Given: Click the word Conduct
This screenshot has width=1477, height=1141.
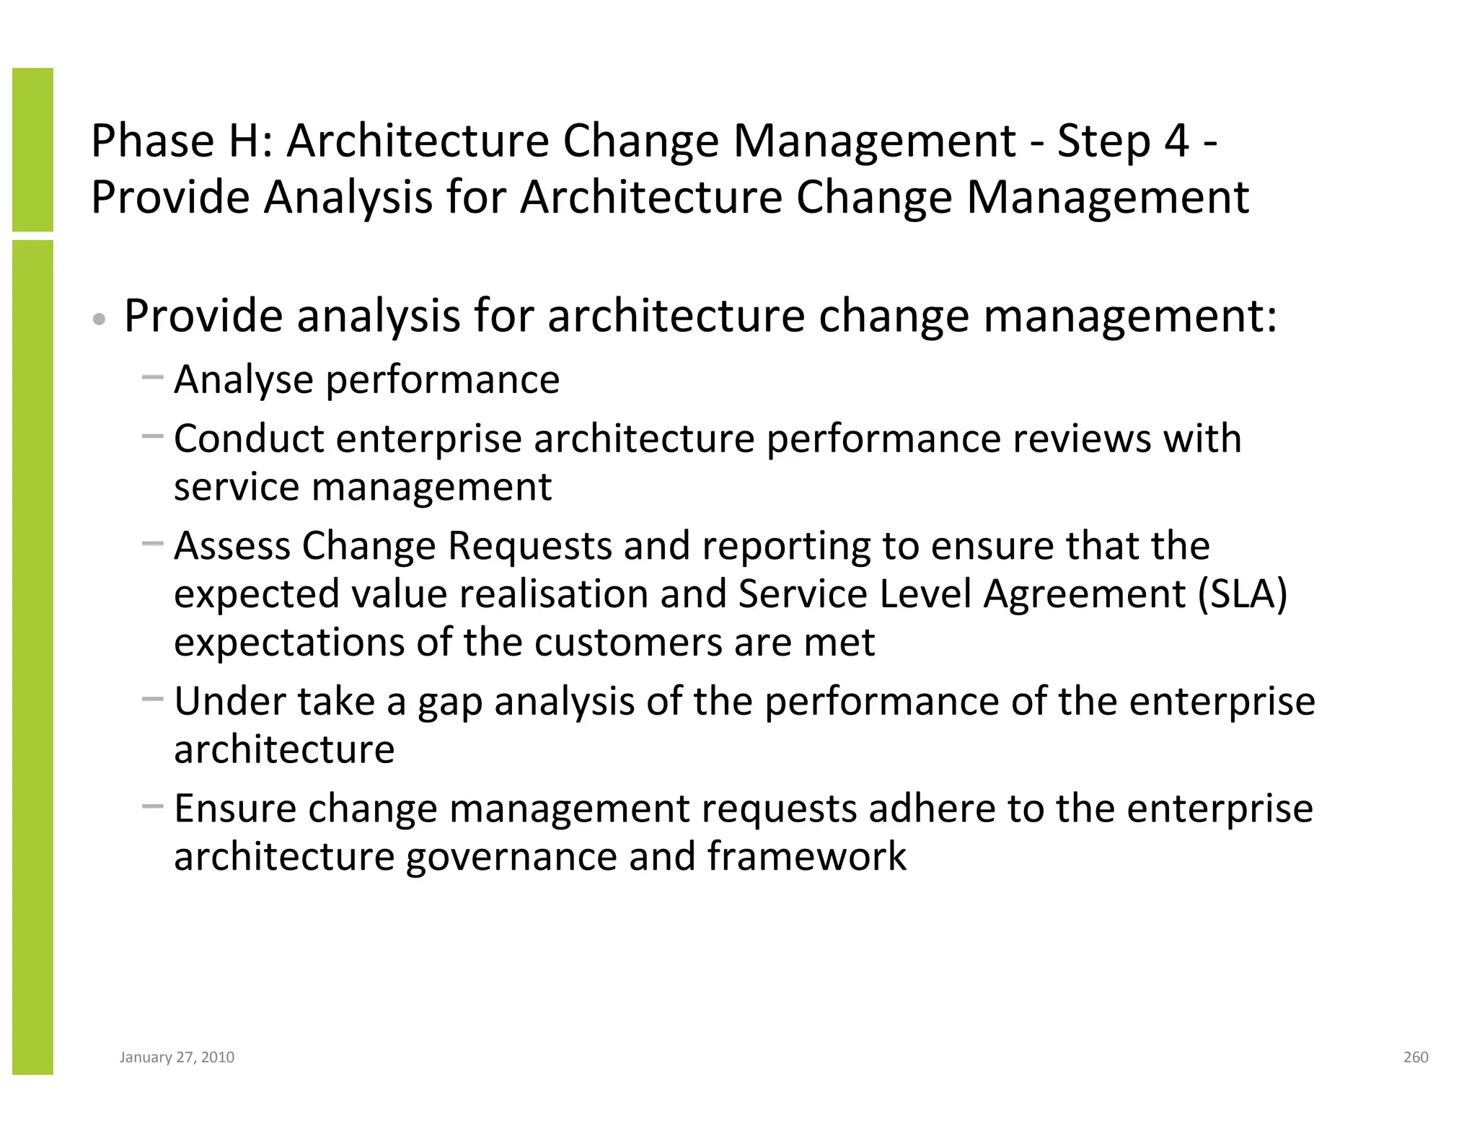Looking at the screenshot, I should point(248,439).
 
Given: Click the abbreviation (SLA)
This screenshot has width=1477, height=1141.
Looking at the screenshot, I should point(1242,594).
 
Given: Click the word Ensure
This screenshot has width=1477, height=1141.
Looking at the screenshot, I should point(235,808).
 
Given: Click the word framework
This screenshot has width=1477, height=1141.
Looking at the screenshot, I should point(806,856).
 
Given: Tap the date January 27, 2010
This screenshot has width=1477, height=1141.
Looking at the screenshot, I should point(177,1057).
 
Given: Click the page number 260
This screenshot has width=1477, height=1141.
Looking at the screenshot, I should point(1416,1057).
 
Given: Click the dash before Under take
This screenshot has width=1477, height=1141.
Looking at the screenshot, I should point(153,699).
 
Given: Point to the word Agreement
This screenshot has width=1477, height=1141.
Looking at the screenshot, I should point(1084,594).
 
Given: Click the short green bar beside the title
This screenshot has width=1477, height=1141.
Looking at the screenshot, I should point(32,149).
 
